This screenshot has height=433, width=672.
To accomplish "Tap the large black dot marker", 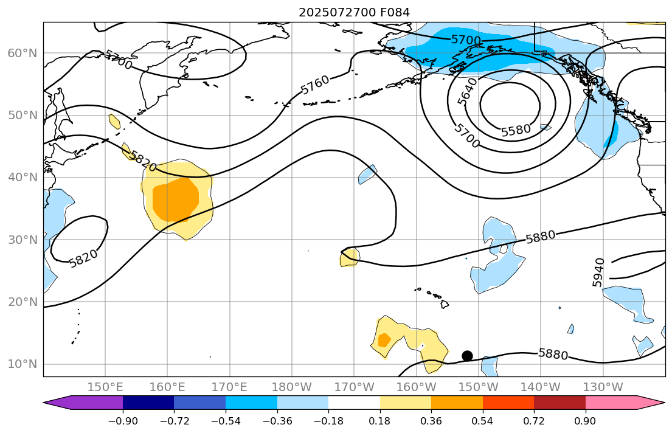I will tap(467, 356).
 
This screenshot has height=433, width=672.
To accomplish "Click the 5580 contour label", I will tap(516, 130).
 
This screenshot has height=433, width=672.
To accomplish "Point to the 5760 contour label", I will tap(315, 84).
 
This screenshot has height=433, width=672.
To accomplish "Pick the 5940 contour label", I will tap(598, 272).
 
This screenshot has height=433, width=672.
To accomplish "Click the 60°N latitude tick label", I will tap(23, 54).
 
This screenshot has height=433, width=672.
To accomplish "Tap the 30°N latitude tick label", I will tap(23, 240).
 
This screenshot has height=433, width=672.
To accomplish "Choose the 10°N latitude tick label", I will tap(23, 364).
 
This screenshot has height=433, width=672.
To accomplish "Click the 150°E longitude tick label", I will tap(105, 387).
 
